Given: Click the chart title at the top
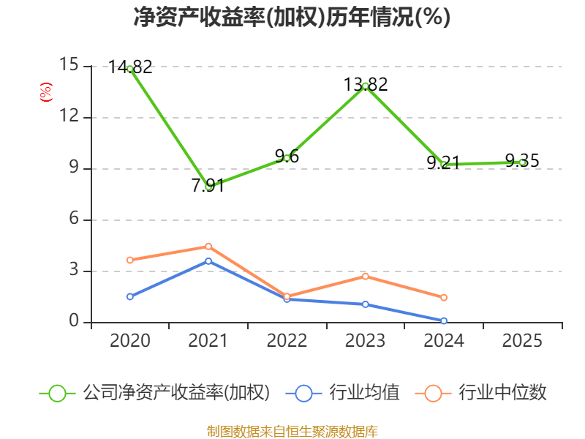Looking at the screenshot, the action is point(292,17).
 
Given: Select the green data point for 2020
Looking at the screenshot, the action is point(130,69).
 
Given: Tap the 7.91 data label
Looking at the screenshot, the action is point(208,186).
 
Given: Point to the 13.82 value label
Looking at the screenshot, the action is point(366,84).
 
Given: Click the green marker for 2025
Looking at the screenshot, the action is point(523,162).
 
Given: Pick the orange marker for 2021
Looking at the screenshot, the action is point(208,247).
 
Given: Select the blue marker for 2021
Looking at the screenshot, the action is point(208,261).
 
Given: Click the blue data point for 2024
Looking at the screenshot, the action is point(444,321).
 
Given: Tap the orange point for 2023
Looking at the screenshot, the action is point(366,277).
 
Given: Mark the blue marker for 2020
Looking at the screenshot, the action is point(130,297).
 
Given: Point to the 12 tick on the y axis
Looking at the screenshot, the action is point(69,116).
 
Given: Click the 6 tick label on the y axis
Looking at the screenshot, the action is point(75,218).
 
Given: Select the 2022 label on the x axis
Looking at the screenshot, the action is point(287,340).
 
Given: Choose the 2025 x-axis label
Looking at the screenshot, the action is point(522,340).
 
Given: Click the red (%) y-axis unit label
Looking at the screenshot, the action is point(46,92).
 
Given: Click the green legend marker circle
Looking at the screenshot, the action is point(57,394).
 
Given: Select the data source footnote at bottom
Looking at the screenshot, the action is point(292,432).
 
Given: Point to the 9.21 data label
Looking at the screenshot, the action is point(443,163).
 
